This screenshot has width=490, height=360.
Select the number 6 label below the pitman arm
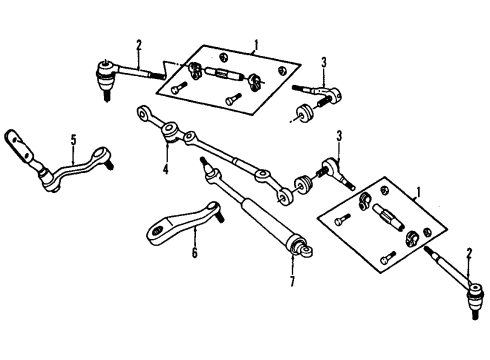(195, 253)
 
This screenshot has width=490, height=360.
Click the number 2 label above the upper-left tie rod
(139, 44)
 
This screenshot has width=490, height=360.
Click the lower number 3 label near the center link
(339, 136)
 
